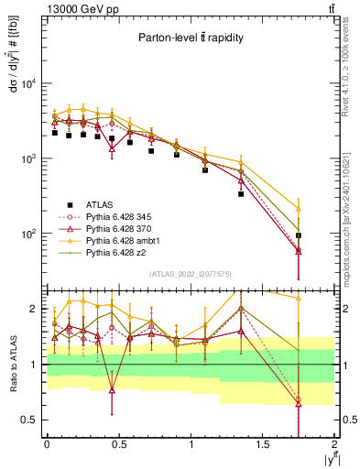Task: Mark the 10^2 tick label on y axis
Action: (28, 234)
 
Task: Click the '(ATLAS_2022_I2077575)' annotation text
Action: (190, 274)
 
